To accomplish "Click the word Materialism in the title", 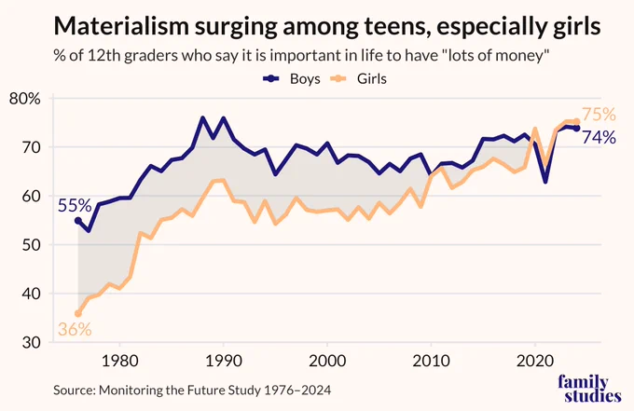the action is point(121,26).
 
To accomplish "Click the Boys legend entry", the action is point(291,79).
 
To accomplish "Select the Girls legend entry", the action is point(358,79).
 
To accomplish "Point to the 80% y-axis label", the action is point(25,99).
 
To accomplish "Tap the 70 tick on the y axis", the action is point(31,147).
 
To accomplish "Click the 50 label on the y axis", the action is point(31,245).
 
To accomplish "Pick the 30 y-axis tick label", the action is point(31,343).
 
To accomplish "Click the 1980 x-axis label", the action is point(119,361).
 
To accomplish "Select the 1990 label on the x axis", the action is point(224,361).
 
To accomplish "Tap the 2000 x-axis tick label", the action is point(327,361).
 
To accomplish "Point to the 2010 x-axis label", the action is point(431,361).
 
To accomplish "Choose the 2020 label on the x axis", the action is point(535,361).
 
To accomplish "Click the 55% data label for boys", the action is point(75,206).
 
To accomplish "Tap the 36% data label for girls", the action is point(75,329).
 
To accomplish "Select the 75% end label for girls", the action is point(599,115).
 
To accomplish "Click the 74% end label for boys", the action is point(599,137).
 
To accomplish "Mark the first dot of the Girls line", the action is point(78,313).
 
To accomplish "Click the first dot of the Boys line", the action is point(78,221).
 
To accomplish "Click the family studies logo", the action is point(589,389).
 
